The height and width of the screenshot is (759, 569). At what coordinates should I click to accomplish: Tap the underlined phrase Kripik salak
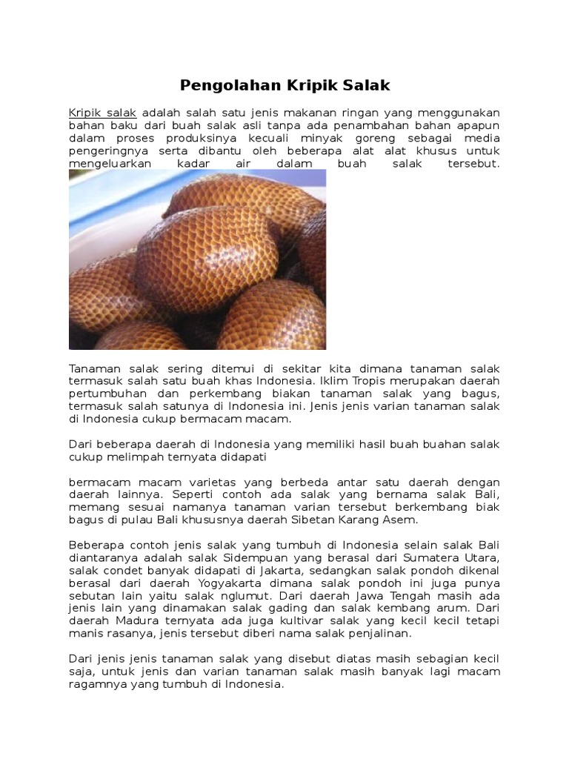[103, 113]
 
